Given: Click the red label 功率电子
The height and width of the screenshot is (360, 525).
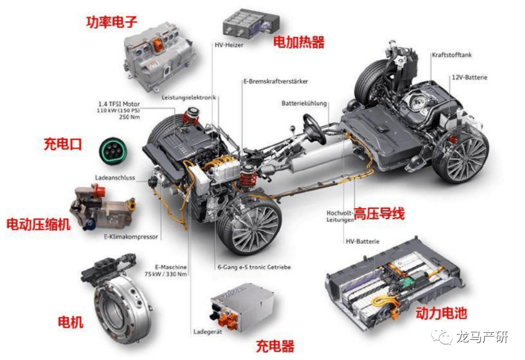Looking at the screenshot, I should point(112,22).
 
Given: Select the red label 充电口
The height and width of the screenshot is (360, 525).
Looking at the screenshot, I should point(62,144).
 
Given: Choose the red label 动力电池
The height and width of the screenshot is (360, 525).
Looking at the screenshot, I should point(441,313).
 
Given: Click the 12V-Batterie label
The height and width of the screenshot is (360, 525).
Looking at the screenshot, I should point(469,78).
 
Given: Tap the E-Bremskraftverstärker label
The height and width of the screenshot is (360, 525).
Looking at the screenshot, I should point(275,81).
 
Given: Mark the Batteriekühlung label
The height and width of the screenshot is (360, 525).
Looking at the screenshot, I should point(304,103).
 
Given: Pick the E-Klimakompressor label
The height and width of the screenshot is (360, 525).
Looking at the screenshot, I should point(131,237).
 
